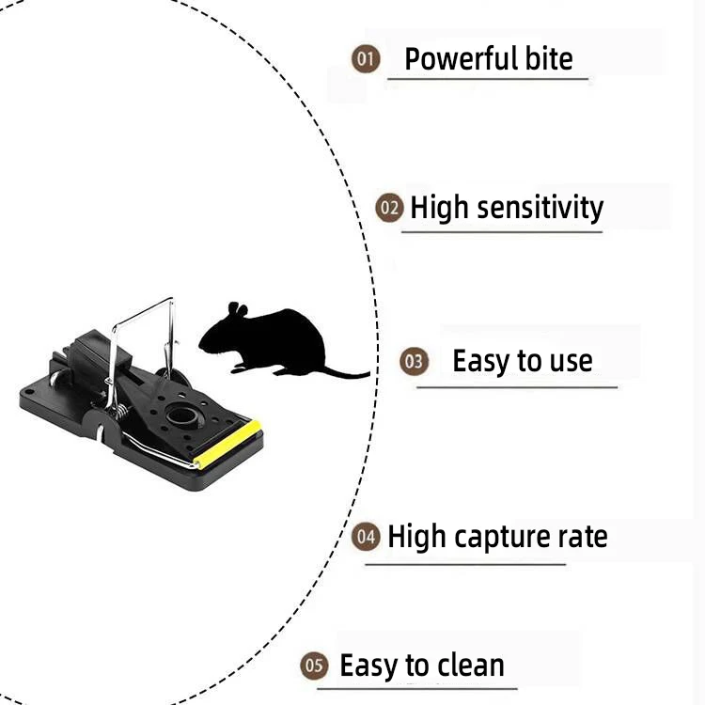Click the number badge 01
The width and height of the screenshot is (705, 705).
click(366, 60)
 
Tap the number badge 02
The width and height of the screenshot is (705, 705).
click(389, 208)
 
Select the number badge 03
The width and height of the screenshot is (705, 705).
click(414, 361)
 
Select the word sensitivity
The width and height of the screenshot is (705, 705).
click(540, 208)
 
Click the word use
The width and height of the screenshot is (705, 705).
click(567, 361)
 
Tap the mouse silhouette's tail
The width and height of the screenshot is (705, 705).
click(346, 373)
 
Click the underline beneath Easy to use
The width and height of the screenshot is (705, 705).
click(517, 386)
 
